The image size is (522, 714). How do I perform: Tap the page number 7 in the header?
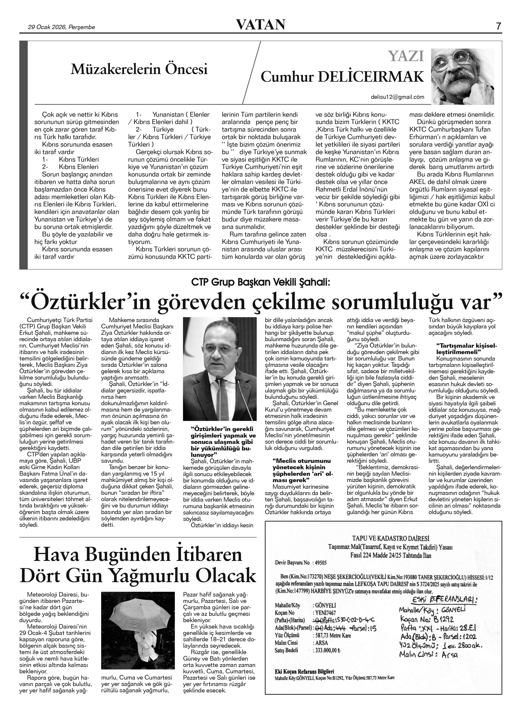click(499, 26)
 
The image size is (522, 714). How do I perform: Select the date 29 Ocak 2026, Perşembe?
click(61, 27)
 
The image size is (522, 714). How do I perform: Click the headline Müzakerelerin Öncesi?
click(139, 69)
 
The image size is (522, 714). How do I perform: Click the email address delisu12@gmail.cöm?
click(398, 97)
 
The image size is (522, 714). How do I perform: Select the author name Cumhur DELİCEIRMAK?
click(342, 77)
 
